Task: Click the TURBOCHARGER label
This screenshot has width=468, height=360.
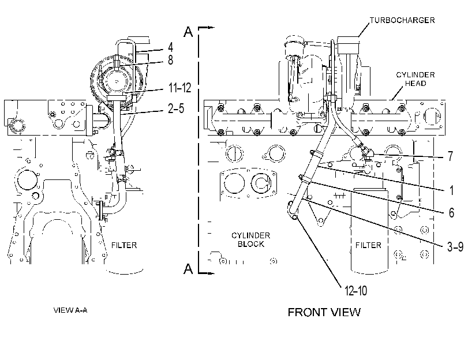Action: coord(402,20)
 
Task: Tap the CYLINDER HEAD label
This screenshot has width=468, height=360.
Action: coord(415,79)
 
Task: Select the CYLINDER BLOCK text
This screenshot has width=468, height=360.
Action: coord(250,239)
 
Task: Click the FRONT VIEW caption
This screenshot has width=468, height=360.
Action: coord(324,312)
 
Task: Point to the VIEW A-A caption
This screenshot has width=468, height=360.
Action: coord(70,310)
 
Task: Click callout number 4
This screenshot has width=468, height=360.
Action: coord(170,47)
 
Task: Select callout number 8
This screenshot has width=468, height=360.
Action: coord(170,59)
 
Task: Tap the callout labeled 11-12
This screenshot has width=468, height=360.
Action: coord(179,88)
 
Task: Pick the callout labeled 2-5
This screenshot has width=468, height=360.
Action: coord(176,108)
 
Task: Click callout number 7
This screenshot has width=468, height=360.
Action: coord(450,156)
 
